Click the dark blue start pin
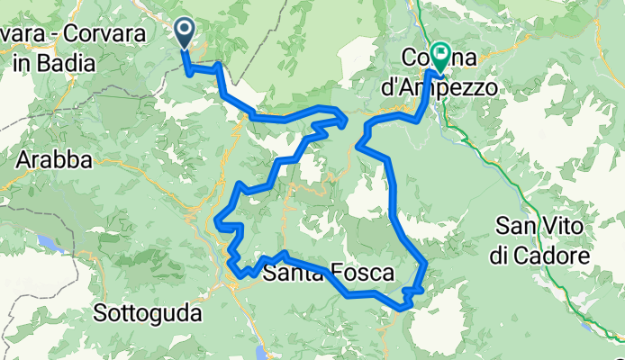184,34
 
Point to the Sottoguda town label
148,314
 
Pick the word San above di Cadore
516,228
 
